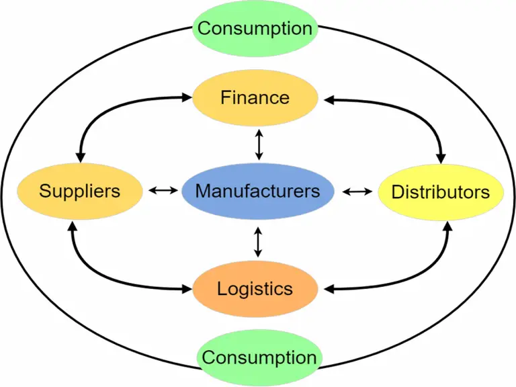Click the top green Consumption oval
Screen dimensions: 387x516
tap(255, 28)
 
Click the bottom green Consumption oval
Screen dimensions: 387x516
tap(259, 357)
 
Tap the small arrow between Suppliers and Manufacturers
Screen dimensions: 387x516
tap(161, 191)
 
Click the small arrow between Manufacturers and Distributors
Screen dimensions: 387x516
tap(356, 191)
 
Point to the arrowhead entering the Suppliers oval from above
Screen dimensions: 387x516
tap(80, 156)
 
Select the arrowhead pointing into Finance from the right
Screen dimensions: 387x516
tap(328, 99)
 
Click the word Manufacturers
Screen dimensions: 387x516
tap(257, 191)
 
